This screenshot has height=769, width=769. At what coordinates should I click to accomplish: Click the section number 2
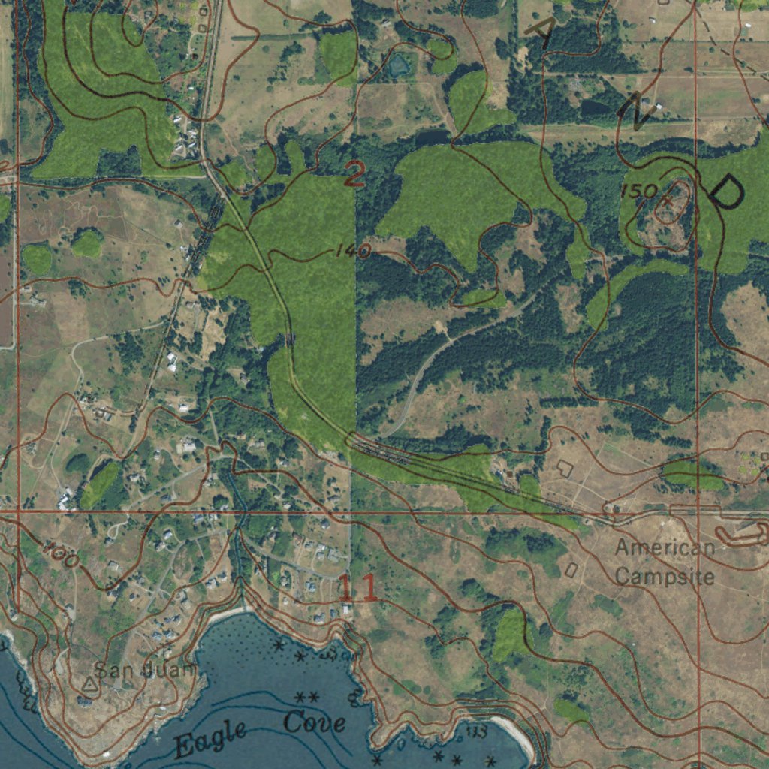(354, 176)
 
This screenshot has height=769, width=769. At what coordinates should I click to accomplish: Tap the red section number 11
(357, 587)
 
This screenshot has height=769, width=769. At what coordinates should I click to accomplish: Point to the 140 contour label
(352, 252)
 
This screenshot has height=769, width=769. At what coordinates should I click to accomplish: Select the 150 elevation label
(639, 191)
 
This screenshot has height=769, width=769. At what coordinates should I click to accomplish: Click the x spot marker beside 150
(668, 201)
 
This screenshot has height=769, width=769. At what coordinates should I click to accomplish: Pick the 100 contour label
(60, 556)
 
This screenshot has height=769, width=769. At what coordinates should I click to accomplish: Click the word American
(665, 548)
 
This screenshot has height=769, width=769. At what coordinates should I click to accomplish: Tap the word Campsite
(665, 577)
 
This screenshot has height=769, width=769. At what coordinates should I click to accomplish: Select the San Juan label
(146, 668)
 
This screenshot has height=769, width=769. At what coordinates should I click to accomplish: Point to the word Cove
(315, 723)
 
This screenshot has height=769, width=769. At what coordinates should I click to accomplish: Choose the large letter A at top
(542, 31)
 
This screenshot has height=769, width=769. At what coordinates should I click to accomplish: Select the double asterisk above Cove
(308, 698)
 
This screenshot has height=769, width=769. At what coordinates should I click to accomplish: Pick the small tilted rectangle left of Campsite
(571, 570)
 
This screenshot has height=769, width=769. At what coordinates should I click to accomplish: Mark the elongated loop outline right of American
(742, 535)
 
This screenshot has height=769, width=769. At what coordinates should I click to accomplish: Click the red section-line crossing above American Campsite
(697, 514)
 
